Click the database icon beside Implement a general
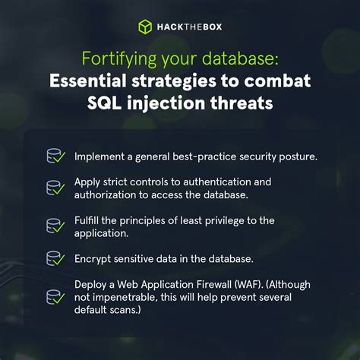pyautogui.click(x=55, y=157)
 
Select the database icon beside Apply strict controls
pyautogui.click(x=55, y=188)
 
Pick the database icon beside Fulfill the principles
pyautogui.click(x=55, y=226)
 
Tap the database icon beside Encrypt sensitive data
pyautogui.click(x=55, y=259)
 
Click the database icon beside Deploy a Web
pyautogui.click(x=55, y=297)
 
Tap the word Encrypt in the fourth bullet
pyautogui.click(x=93, y=259)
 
